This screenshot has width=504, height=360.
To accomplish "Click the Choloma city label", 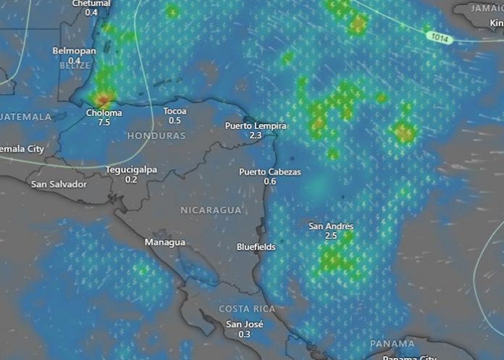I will click(104, 113).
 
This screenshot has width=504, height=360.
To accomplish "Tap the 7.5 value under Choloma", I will click(104, 122).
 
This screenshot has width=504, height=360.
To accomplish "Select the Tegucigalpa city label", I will click(131, 169).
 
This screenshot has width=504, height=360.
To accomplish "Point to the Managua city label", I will click(164, 242).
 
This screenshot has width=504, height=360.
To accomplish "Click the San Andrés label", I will click(331, 226).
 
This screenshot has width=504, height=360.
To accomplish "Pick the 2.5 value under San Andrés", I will click(331, 235).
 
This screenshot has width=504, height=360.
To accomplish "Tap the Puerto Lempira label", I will click(256, 126).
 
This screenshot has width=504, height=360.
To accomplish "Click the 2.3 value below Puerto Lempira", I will click(256, 135).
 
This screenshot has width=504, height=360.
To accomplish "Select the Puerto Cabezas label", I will click(269, 172).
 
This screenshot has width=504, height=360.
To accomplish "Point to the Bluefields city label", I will click(256, 247).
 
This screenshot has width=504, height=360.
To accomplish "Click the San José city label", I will click(244, 325).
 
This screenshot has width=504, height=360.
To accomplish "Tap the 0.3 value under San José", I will click(244, 334).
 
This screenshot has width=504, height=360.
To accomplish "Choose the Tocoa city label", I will click(175, 111).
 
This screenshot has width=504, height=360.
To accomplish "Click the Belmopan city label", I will click(74, 51).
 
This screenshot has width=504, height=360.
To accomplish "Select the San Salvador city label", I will click(59, 184).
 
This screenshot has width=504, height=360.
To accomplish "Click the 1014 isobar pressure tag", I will click(439, 36).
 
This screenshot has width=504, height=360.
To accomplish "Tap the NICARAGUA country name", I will click(210, 210).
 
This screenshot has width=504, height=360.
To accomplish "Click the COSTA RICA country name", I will click(247, 309).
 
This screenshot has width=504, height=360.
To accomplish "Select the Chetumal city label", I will click(92, 4).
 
